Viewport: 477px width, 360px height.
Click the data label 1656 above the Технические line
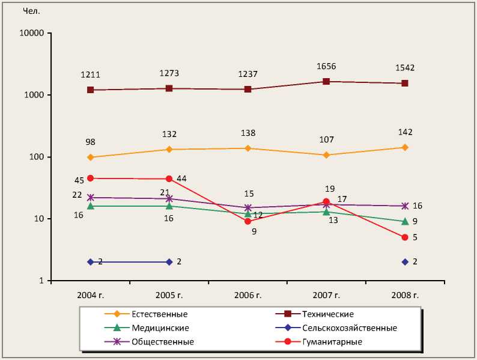[x=326, y=67]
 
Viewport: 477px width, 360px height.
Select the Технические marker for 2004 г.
[x=90, y=90]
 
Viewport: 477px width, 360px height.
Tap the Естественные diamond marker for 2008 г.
[x=405, y=147]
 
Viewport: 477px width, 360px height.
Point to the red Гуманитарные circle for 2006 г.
[x=248, y=221]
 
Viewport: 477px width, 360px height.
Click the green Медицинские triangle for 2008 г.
[x=405, y=221]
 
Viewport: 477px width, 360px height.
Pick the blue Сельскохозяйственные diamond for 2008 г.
[x=405, y=261]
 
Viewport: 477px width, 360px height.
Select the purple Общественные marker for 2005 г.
[x=169, y=198]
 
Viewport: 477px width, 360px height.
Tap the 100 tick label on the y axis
[x=37, y=157]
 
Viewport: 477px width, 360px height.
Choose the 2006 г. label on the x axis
[x=248, y=294]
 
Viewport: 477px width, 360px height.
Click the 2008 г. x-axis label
[x=405, y=294]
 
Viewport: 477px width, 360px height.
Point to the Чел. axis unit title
[x=31, y=11]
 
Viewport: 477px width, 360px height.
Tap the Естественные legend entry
[x=159, y=314]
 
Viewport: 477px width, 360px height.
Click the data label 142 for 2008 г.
[x=405, y=132]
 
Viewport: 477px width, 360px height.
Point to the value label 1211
[x=90, y=75]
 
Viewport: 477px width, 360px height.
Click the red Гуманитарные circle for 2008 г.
[x=405, y=237]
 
